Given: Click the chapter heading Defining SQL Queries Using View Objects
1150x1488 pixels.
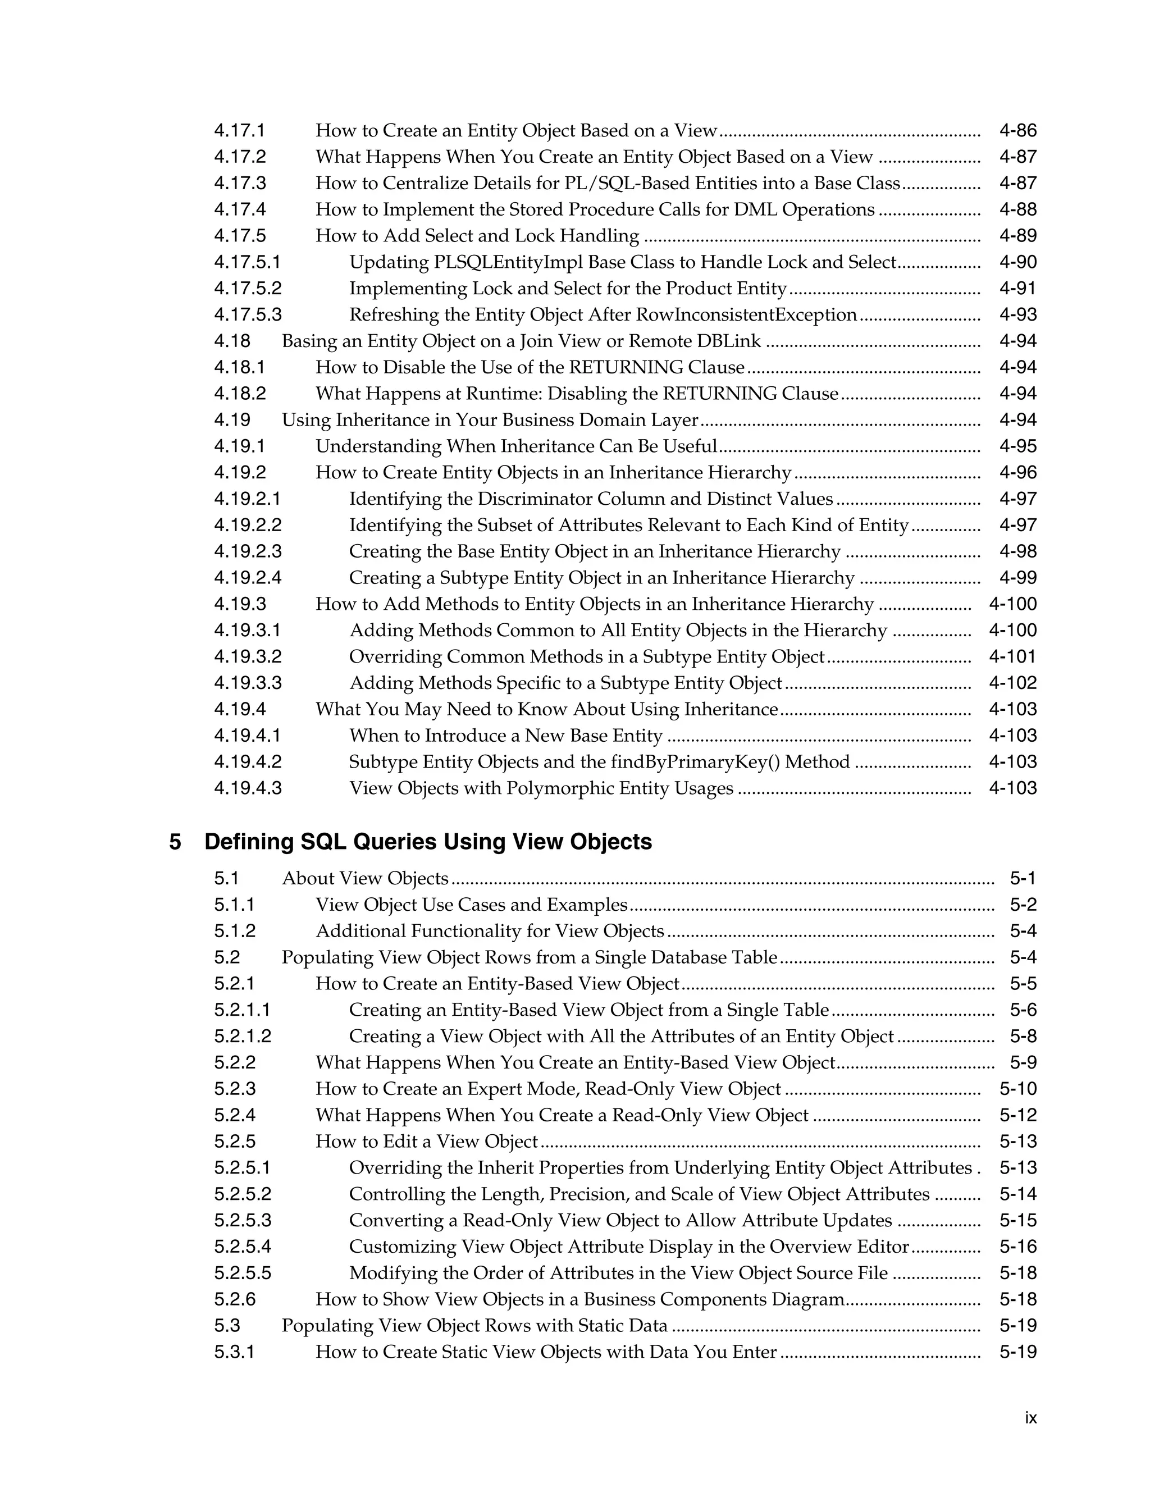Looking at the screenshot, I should point(428,842).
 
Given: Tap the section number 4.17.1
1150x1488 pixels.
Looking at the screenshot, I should point(240,131).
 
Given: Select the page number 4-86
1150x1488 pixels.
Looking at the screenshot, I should point(1018,131).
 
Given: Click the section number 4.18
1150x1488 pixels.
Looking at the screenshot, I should point(232,341).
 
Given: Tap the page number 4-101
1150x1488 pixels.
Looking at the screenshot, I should point(1012,657).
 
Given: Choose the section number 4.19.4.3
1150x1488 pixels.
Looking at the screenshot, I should point(248,788).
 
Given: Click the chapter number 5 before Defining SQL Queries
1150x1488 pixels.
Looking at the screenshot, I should point(175,842).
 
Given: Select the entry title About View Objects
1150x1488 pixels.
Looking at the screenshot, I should point(365,879).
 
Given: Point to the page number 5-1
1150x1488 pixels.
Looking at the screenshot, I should point(1023,879).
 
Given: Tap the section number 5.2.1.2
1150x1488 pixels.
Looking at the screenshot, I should point(243,1037).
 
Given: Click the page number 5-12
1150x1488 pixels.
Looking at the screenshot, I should point(1018,1115).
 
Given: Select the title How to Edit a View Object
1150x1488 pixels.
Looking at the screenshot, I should point(427,1142).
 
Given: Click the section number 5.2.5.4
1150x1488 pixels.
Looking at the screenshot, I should point(243,1247).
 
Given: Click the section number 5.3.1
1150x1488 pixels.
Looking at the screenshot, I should point(234,1353).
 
